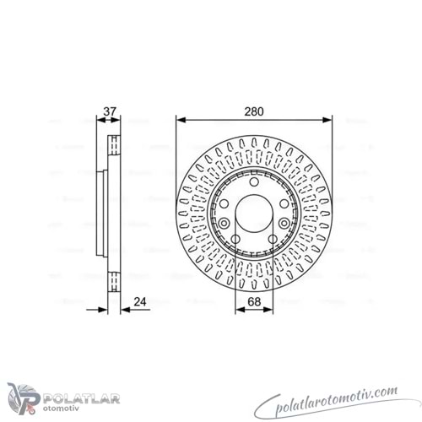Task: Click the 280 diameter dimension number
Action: pos(254,111)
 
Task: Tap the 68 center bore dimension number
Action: pos(254,301)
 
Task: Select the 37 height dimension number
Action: pos(110,111)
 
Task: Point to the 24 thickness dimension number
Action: pos(140,301)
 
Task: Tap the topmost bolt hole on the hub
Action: pos(254,182)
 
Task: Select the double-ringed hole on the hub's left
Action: pos(224,224)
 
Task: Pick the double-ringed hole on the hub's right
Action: pos(284,224)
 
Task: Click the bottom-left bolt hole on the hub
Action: pos(235,240)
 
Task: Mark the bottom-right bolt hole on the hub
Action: pos(273,240)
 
